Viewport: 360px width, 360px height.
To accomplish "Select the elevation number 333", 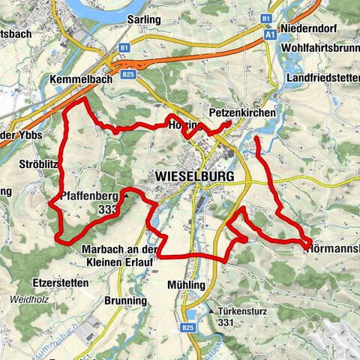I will click(x=106, y=211).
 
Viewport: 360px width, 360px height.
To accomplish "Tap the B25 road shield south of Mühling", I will click(x=187, y=328).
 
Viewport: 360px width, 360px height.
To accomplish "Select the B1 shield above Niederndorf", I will click(x=266, y=16).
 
